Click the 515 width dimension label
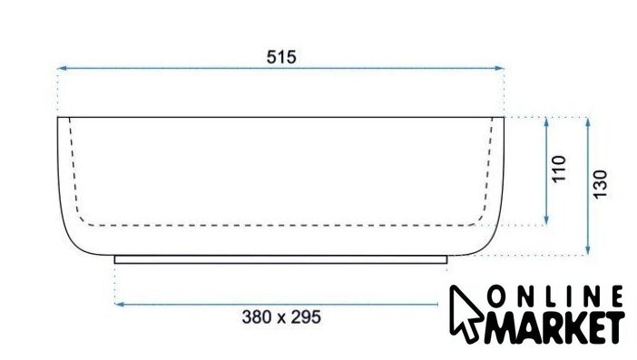point(281,57)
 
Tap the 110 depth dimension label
point(559,169)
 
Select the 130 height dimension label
point(600,184)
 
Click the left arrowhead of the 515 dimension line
point(62,69)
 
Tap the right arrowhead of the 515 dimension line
point(499,69)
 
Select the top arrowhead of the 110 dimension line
point(546,122)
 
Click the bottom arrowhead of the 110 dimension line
point(546,219)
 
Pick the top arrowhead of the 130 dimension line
point(587,122)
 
